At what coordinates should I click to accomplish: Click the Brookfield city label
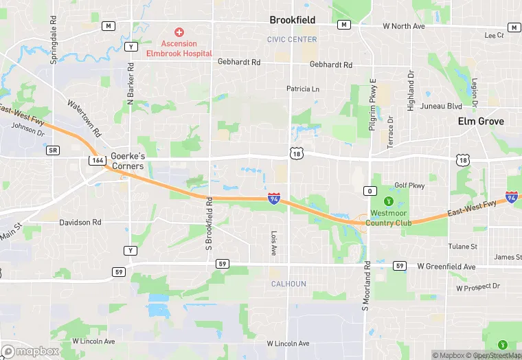[x=292, y=21]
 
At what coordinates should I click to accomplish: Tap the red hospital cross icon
[x=179, y=32]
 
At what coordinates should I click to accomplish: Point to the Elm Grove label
[x=481, y=122]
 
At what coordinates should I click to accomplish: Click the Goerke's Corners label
[x=128, y=161]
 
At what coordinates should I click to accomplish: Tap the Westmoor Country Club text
[x=389, y=218]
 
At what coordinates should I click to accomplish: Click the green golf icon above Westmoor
[x=389, y=201]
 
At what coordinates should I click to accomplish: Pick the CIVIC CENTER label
[x=292, y=40]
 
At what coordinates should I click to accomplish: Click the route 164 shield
[x=96, y=159]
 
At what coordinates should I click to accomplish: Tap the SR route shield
[x=53, y=150]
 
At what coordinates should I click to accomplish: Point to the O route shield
[x=370, y=190]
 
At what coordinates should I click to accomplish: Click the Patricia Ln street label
[x=303, y=89]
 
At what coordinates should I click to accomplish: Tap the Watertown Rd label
[x=84, y=118]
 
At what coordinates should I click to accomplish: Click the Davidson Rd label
[x=80, y=223]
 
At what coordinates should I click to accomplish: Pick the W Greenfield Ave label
[x=446, y=266]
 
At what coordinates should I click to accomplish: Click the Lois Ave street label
[x=273, y=243]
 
